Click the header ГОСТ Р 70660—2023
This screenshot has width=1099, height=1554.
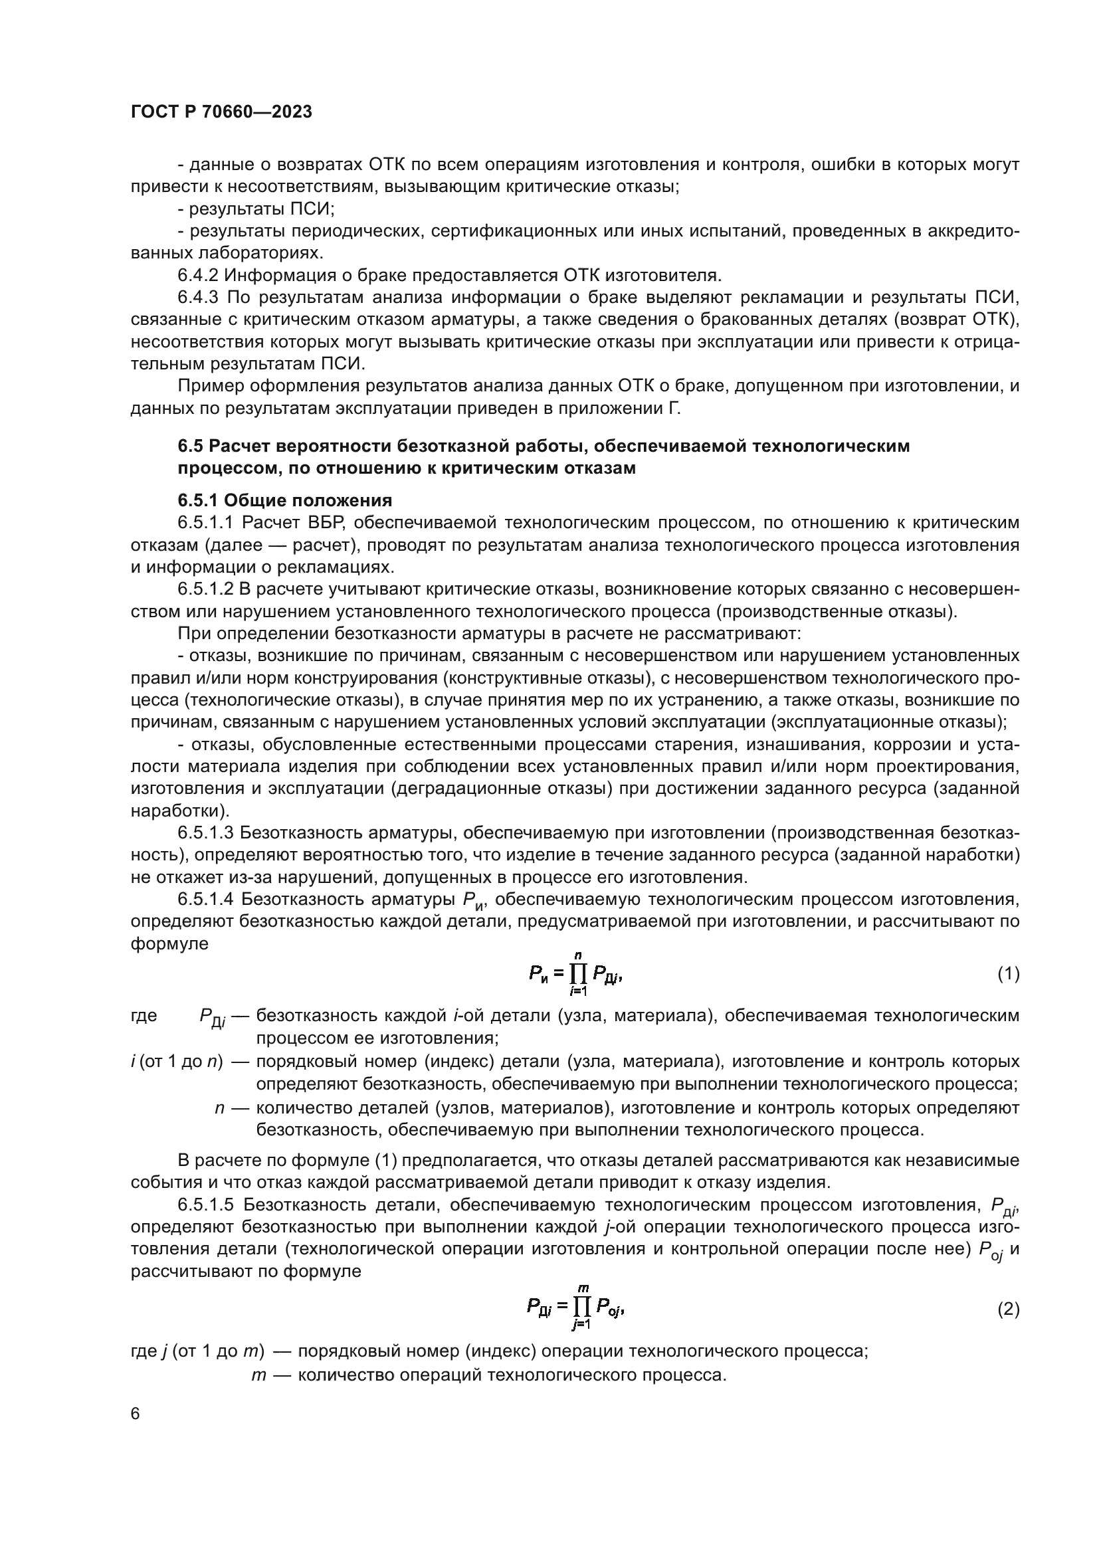(221, 112)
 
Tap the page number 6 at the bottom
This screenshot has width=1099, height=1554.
(136, 1414)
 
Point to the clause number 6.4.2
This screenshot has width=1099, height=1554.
(198, 276)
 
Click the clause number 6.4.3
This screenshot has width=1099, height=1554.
(198, 298)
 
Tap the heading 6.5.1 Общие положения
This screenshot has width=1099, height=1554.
(285, 501)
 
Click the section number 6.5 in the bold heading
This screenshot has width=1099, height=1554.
(191, 446)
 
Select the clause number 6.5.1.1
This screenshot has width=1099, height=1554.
(206, 523)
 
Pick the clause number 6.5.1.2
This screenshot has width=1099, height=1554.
(206, 589)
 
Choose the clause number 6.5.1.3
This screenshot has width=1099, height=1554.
(206, 833)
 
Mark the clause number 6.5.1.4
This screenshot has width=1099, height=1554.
(206, 900)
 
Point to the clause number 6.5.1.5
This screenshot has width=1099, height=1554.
(206, 1205)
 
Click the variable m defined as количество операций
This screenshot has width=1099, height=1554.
(258, 1375)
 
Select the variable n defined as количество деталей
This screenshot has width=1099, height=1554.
(219, 1108)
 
